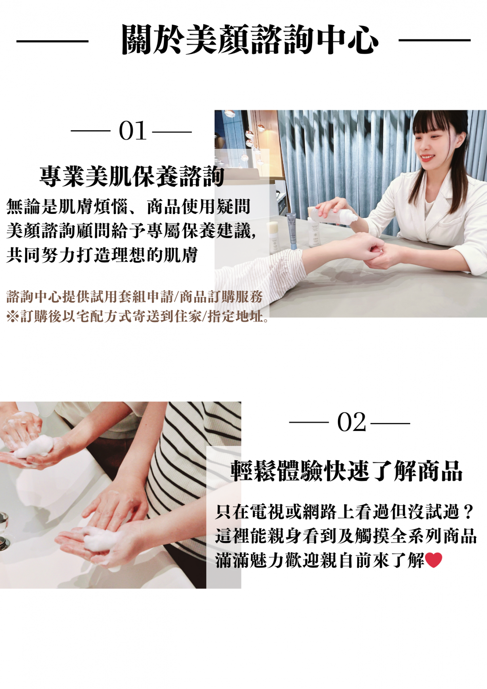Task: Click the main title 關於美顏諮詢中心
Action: [250, 40]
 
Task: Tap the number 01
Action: [132, 131]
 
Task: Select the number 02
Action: [352, 422]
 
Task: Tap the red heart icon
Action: [433, 560]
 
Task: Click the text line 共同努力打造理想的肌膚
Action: [102, 255]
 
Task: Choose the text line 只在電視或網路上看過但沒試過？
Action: [345, 512]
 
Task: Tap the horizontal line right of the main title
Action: [434, 40]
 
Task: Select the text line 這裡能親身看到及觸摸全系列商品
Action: [346, 536]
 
